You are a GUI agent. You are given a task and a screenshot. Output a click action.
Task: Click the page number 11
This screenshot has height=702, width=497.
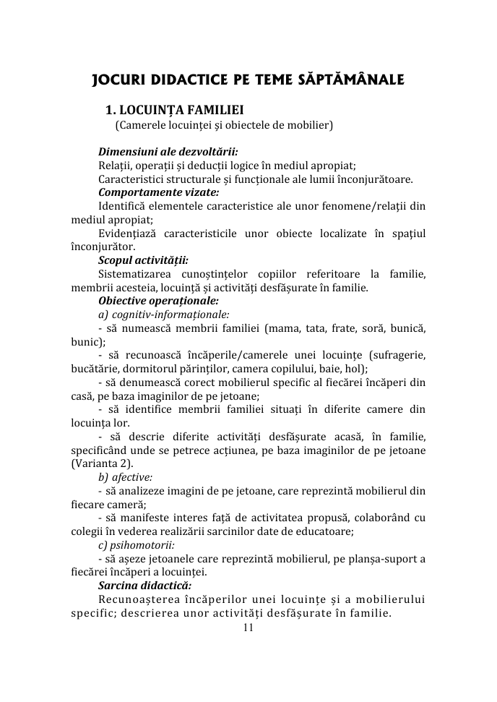coord(248,628)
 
